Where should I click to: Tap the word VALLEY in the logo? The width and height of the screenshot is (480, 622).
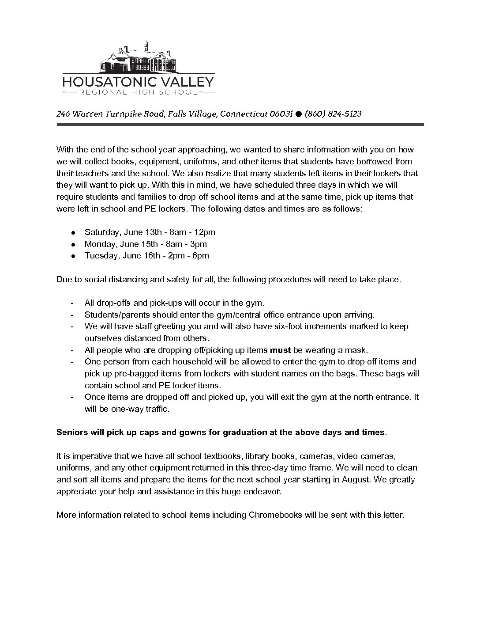click(187, 82)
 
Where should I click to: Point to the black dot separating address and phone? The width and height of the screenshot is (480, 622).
click(298, 114)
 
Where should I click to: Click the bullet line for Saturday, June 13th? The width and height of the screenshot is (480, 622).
click(150, 232)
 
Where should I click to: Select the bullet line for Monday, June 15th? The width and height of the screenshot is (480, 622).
click(146, 244)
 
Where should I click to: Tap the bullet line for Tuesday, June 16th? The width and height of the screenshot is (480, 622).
click(146, 256)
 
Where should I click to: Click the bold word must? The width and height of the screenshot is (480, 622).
click(280, 350)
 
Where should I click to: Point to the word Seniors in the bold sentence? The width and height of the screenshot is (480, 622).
click(71, 432)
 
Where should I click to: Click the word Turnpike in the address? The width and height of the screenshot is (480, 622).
click(121, 114)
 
